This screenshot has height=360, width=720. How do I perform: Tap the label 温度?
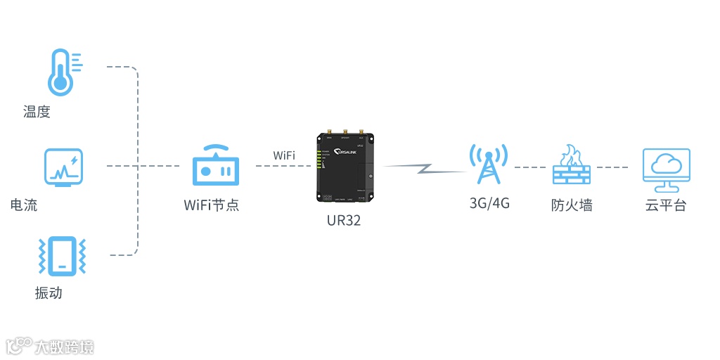[37, 112]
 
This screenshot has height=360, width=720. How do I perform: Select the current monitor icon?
[63, 167]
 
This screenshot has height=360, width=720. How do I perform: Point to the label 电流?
[24, 205]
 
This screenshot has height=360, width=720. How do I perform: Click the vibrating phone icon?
[62, 256]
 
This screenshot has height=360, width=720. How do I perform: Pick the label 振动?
[49, 293]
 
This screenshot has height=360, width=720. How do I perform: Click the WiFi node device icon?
[216, 166]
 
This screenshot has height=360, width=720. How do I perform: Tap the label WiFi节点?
[212, 205]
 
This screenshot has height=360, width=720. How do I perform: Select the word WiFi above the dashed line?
[284, 155]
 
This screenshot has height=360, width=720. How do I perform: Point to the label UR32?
[344, 220]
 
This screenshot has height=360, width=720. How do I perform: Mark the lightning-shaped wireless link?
[424, 169]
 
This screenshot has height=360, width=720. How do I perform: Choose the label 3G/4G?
[489, 204]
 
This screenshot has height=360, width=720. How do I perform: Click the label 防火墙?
[572, 205]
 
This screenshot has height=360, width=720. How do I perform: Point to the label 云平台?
[666, 205]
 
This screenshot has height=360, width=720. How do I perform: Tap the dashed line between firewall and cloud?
[612, 167]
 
